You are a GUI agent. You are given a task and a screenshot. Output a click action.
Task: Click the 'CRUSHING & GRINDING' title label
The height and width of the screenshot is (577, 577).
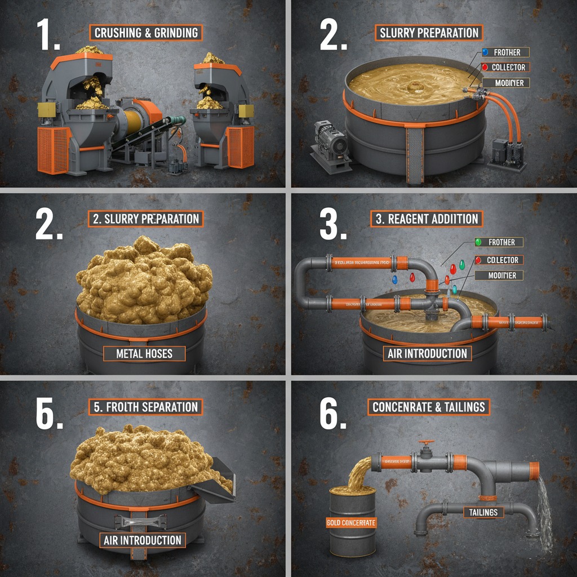[x=147, y=33]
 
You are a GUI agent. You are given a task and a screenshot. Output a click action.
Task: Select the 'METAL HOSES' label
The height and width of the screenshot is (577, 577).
[x=144, y=354]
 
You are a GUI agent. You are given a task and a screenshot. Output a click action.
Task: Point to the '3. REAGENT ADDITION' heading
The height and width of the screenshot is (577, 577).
[x=427, y=219]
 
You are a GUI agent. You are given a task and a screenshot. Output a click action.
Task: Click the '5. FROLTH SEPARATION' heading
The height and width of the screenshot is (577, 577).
[x=145, y=407]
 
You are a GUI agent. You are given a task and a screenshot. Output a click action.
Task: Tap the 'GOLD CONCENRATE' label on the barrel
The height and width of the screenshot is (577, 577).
[x=351, y=523]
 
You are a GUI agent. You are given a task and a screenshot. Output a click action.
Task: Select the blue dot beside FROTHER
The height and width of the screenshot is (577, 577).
[x=484, y=52]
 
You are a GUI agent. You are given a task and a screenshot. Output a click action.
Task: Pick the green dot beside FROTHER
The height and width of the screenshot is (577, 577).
[x=478, y=242]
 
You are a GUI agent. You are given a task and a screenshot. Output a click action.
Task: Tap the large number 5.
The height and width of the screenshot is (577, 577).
[x=48, y=415]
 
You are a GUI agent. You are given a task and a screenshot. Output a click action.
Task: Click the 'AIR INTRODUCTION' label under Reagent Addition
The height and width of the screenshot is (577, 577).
[x=427, y=354]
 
